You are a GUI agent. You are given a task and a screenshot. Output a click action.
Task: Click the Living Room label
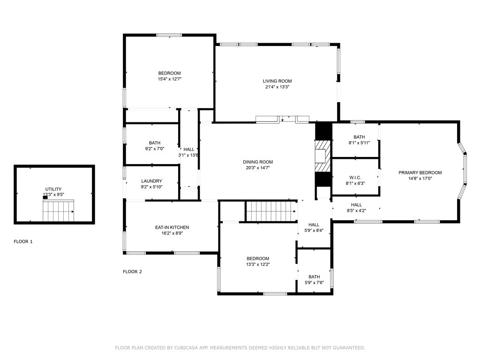click(277, 81)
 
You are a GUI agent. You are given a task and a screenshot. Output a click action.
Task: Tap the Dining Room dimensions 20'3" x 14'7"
click(258, 168)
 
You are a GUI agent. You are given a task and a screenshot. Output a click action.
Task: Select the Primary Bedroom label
click(420, 172)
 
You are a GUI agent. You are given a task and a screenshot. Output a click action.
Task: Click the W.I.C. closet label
click(355, 178)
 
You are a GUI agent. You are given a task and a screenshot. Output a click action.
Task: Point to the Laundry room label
click(151, 181)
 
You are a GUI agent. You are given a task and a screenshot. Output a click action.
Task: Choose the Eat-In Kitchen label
click(172, 227)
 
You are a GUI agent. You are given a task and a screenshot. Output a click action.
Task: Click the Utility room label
click(53, 189)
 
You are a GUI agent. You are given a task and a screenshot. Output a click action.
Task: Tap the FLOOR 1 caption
click(23, 241)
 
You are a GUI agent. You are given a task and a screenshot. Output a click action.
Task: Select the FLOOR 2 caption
click(132, 271)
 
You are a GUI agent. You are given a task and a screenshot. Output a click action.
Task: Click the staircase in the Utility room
click(59, 211)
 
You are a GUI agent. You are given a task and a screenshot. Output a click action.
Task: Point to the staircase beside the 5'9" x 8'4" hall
click(271, 211)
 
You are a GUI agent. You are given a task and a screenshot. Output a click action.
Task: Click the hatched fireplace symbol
click(323, 156)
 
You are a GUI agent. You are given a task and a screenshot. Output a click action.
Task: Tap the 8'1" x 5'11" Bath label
click(359, 137)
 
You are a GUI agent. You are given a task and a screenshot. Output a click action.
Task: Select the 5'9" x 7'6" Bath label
click(314, 277)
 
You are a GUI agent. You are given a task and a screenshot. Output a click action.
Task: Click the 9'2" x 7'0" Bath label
click(155, 143)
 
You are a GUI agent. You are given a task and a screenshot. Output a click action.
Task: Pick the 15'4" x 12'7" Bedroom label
click(169, 73)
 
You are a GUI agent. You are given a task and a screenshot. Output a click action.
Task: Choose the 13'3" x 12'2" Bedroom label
click(258, 259)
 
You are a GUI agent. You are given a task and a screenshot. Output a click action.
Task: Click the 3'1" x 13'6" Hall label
click(189, 150)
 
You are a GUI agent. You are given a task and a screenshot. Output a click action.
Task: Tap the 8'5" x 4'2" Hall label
click(356, 205)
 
